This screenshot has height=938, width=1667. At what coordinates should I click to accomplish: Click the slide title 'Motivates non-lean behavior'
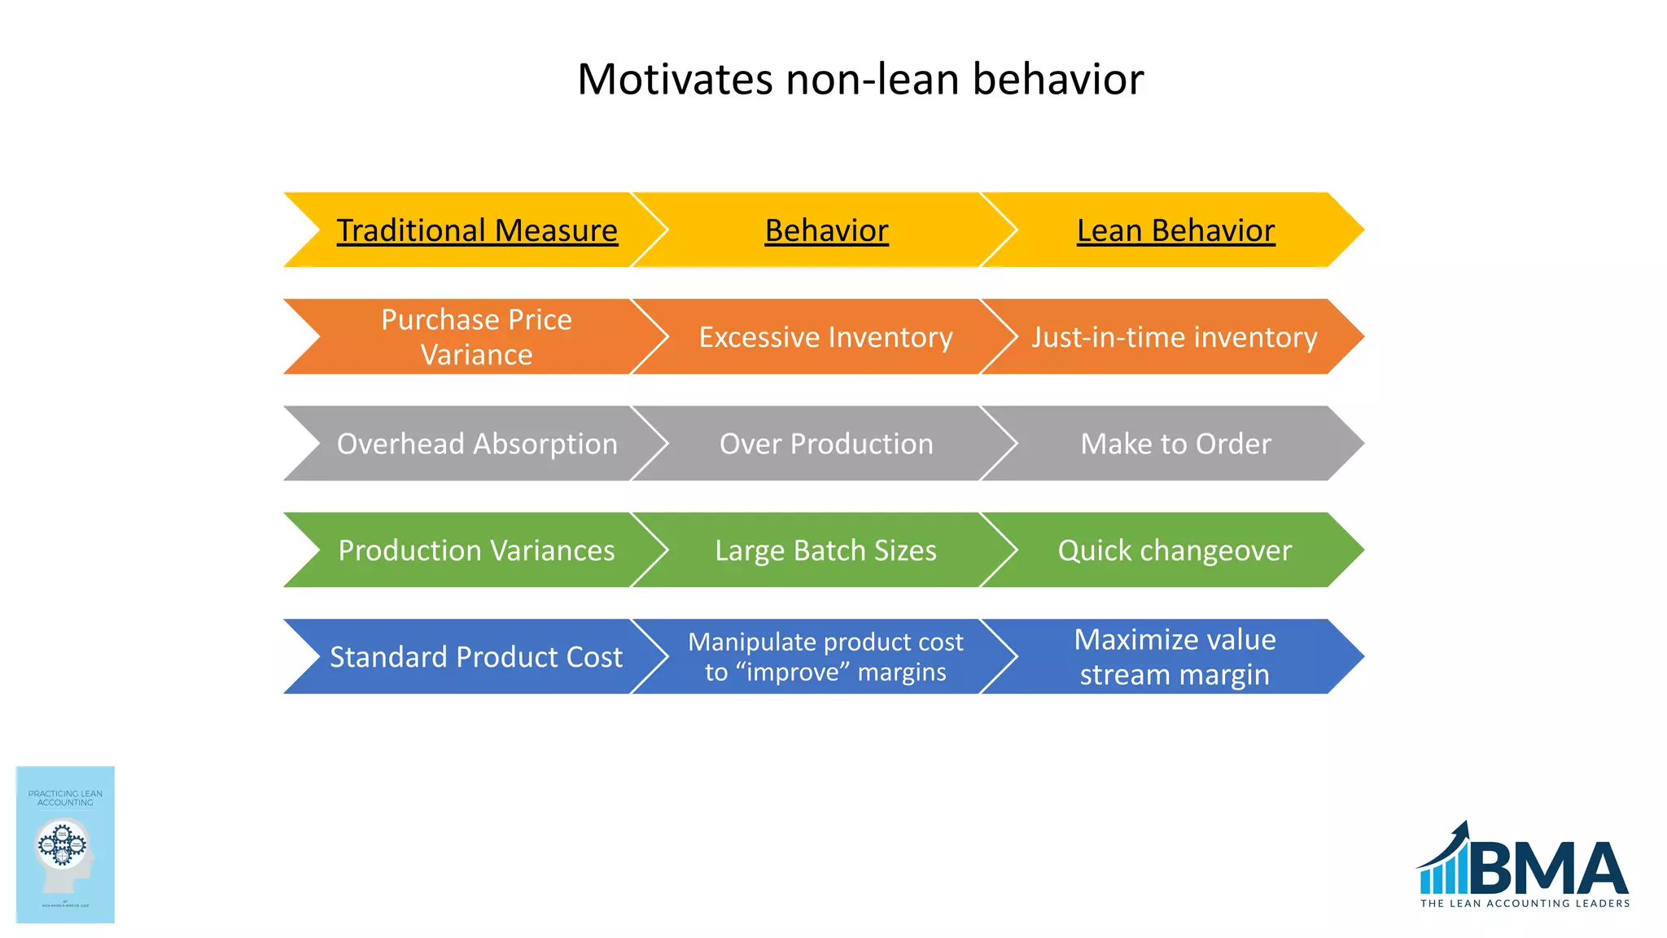860,79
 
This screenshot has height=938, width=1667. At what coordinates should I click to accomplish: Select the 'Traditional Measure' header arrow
477,230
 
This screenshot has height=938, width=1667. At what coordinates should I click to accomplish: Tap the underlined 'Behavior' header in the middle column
826,230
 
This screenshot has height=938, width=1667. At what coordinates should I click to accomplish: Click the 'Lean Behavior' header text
1175,230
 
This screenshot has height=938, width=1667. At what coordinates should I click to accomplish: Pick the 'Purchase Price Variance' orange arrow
477,337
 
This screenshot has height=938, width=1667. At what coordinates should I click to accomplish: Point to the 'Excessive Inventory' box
825,337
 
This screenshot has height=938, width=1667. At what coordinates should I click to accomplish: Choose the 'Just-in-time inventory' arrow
1175,337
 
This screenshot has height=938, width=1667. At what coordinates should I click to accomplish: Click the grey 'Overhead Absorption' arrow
477,444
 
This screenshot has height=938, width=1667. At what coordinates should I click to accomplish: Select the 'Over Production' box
826,444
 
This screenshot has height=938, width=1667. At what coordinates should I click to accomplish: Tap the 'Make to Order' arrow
1175,444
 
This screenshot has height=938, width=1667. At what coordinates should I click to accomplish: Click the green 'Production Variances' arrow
477,550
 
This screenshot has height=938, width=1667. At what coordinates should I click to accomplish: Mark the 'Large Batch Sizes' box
825,550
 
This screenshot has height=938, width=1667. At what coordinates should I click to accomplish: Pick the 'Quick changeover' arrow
1175,550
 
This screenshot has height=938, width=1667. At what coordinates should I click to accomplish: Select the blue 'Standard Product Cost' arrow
476,657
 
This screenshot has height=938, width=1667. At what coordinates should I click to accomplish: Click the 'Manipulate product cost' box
825,656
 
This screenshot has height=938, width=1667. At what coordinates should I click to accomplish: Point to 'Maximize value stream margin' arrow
1175,656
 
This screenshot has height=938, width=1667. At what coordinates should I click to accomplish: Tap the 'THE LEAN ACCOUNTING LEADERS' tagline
1525,903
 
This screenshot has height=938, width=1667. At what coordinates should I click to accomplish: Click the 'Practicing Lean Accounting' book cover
65,844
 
